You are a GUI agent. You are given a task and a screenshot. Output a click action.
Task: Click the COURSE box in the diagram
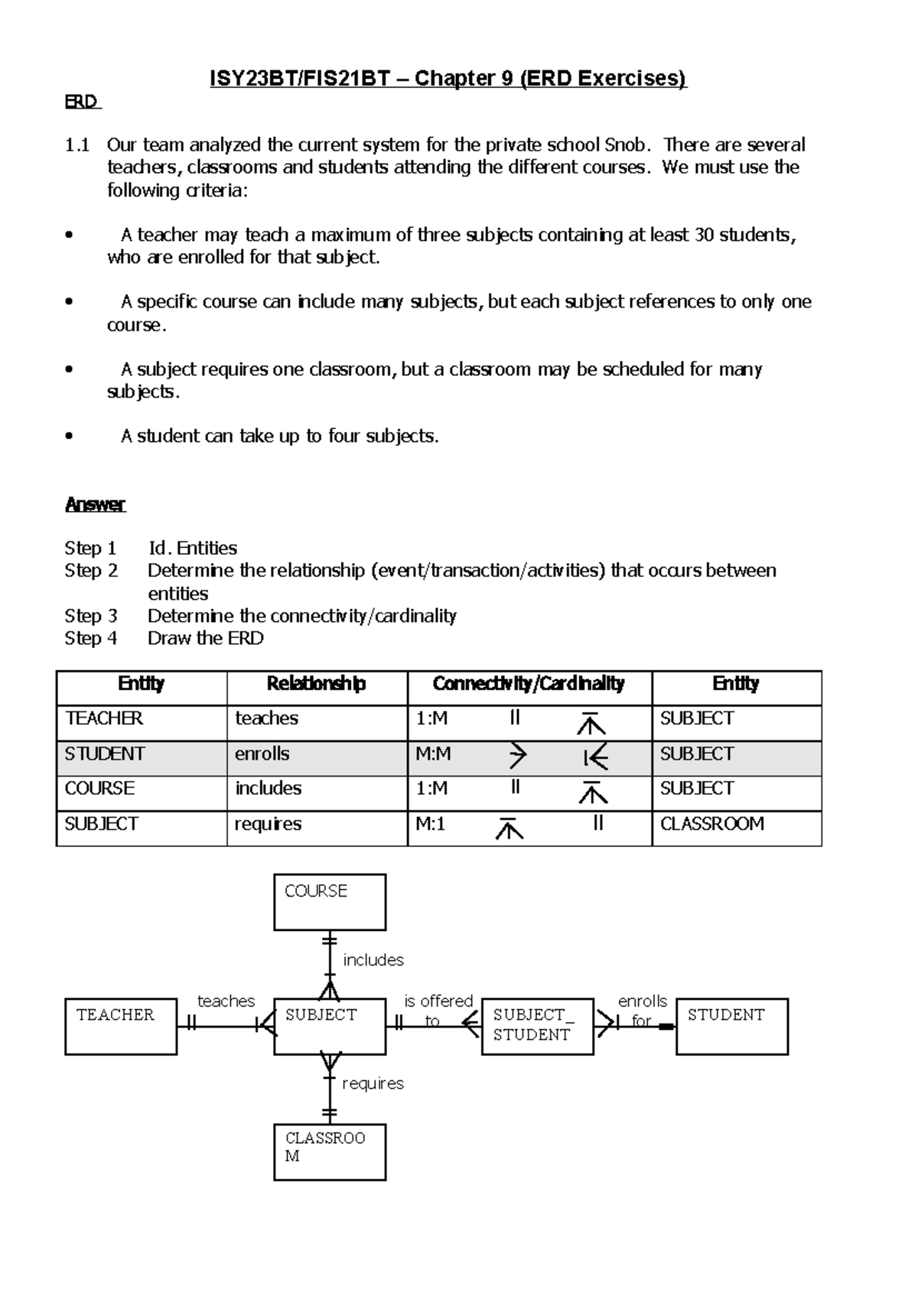(330, 902)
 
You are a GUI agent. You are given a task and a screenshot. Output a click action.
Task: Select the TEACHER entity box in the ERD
(121, 1026)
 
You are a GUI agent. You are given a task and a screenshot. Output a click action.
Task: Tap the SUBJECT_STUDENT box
(537, 1026)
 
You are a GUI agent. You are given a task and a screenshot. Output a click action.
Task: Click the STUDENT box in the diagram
(731, 1026)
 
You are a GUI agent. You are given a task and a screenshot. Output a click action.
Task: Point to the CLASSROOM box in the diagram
(330, 1151)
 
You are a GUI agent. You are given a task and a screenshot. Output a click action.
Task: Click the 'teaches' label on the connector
(226, 1001)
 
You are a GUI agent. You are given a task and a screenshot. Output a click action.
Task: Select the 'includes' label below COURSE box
(373, 960)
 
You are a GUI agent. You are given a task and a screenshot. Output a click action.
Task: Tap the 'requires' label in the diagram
(373, 1083)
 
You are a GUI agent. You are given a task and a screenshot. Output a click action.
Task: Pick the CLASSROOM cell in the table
(712, 824)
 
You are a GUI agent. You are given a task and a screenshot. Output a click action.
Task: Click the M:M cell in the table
(433, 754)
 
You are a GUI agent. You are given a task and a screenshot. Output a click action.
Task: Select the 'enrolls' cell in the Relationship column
(262, 754)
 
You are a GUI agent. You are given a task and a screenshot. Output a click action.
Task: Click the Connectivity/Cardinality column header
(529, 684)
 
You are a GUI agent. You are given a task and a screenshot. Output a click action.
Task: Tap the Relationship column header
(316, 684)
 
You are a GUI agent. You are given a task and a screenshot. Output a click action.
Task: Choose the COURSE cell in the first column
(100, 789)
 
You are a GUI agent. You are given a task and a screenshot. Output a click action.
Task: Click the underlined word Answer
(95, 505)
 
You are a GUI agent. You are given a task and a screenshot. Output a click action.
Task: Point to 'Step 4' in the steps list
(91, 639)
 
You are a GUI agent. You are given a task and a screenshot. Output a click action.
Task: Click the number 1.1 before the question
(77, 145)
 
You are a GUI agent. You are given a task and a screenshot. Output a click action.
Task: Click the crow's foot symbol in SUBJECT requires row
(509, 828)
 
